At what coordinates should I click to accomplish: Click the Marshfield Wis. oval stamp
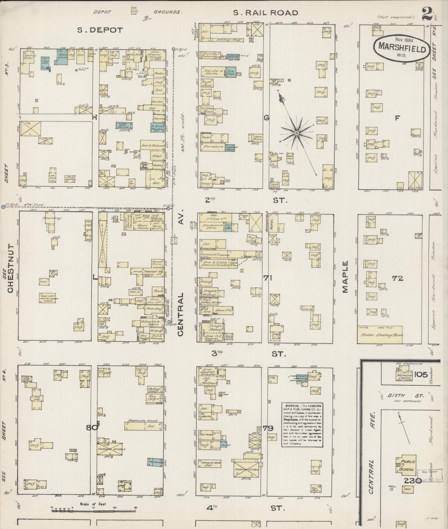402,50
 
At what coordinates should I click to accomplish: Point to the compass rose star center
297,133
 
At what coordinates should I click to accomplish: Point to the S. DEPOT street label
100,30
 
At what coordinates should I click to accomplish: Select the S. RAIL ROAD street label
265,13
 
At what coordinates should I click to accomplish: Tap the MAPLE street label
345,277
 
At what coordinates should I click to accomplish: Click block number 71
268,278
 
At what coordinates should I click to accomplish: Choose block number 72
397,278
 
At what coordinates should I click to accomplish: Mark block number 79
268,428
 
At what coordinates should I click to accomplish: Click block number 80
92,428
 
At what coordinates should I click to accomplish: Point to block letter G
266,118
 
